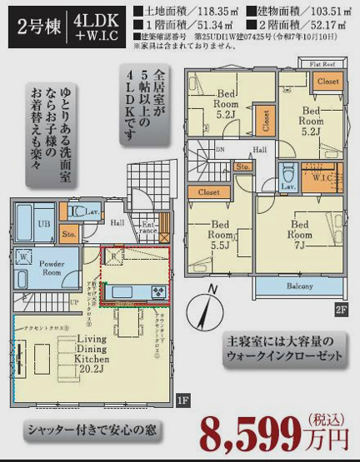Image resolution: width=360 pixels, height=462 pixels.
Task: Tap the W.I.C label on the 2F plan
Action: (323, 176)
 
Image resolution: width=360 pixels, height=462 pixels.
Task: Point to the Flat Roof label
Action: (323, 63)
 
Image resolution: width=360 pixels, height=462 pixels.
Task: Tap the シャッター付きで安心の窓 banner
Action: (92, 431)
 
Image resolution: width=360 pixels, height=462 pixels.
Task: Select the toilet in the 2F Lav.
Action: (288, 176)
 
